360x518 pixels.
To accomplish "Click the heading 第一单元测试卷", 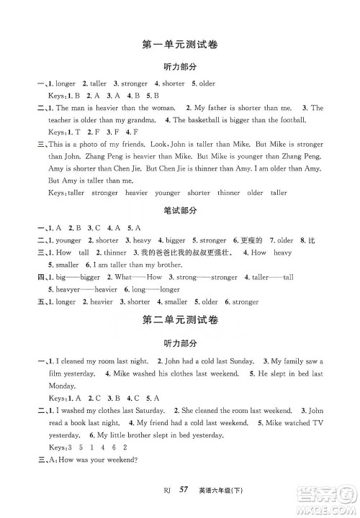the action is click(180, 45).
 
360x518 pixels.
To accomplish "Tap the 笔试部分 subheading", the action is click(180, 212).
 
